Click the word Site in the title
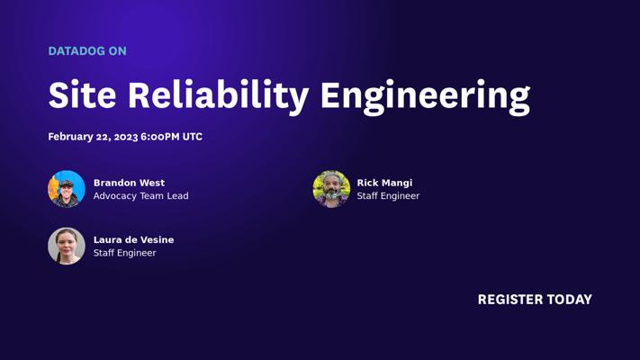82,94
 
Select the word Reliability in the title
219,97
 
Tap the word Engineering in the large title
425,97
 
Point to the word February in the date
70,137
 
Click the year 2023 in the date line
126,137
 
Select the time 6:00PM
160,137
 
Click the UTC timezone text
193,137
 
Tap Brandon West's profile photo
67,189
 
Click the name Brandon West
129,183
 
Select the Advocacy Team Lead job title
140,196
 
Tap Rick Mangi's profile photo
331,189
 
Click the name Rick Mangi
384,183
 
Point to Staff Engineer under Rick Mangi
388,196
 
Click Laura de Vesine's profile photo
67,246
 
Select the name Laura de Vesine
133,240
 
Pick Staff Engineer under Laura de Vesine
124,253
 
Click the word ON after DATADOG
118,51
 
